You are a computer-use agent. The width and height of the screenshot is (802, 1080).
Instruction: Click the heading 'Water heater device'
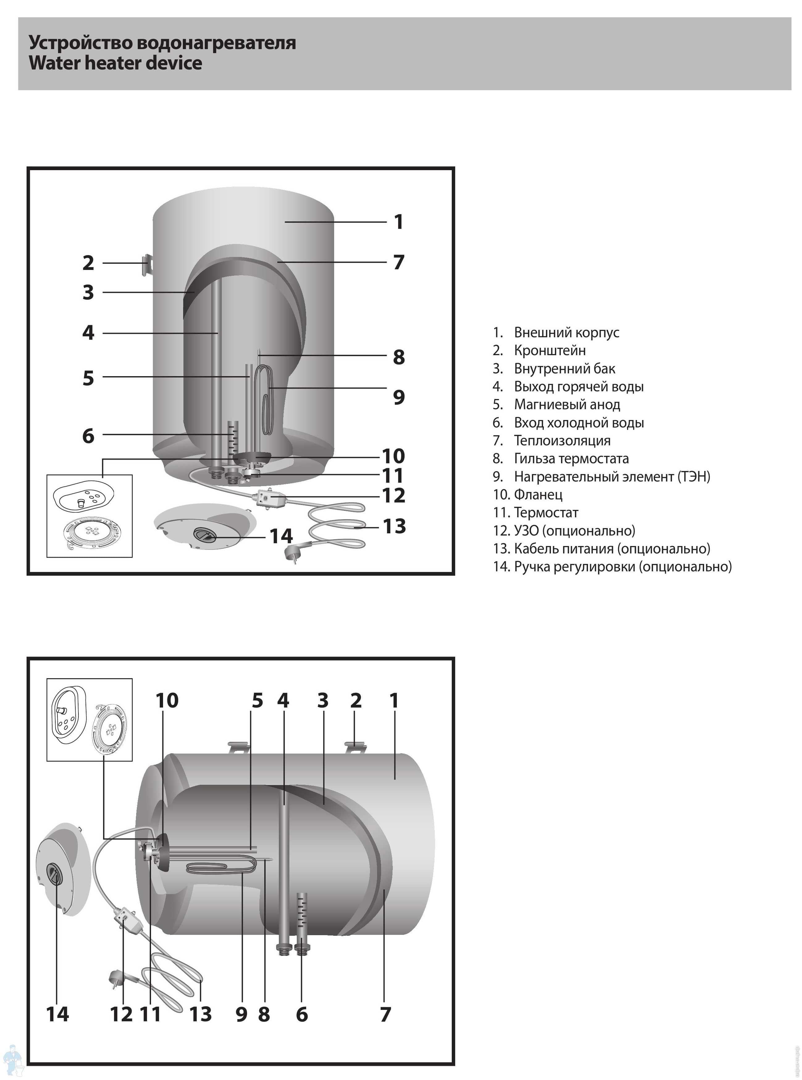pyautogui.click(x=115, y=63)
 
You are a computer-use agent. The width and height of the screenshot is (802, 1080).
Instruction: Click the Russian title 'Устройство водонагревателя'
pyautogui.click(x=162, y=42)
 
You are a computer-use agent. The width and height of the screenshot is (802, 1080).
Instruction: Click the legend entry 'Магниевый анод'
pyautogui.click(x=567, y=404)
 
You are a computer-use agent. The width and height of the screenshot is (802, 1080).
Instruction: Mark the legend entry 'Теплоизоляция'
pyautogui.click(x=562, y=440)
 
